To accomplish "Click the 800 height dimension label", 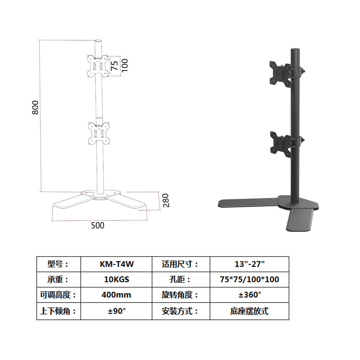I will pos(35,107).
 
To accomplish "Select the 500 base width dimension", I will pos(97,225).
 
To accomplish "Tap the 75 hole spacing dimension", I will pos(114,66).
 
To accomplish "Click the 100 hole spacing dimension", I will pos(125,66).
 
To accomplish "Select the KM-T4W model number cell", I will pos(116,264).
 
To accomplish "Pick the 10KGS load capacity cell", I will pos(116,280).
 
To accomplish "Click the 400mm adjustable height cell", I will pos(116,295).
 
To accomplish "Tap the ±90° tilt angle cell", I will pos(116,311).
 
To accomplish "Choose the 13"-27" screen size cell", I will pos(249,264).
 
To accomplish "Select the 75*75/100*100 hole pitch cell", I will pos(249,280).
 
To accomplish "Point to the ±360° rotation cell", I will pos(249,295).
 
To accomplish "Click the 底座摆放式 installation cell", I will pos(249,311).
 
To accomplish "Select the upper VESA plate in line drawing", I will pos(98,66).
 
